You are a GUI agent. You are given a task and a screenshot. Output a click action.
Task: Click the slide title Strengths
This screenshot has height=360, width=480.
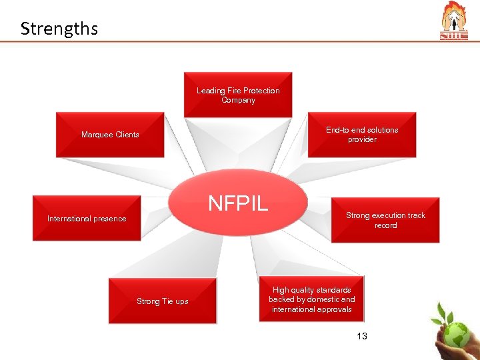(59, 29)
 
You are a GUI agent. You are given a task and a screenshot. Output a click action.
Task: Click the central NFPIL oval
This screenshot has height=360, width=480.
(238, 203)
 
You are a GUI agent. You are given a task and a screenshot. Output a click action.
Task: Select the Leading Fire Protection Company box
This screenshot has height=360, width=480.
(238, 95)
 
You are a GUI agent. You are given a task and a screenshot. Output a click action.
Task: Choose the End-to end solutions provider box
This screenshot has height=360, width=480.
(362, 135)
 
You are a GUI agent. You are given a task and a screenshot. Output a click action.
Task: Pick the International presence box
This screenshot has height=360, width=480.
(87, 218)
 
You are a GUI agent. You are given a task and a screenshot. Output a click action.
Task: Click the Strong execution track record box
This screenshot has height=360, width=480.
(385, 220)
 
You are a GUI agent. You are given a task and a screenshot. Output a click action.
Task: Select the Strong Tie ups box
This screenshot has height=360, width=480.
(163, 301)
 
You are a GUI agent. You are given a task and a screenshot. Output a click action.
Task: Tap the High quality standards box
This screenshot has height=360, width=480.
(311, 299)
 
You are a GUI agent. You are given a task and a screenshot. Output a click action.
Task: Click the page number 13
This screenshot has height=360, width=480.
(362, 336)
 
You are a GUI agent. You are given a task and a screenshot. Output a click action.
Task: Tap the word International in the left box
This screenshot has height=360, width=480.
(69, 219)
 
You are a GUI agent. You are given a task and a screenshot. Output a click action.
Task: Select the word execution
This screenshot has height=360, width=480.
(389, 215)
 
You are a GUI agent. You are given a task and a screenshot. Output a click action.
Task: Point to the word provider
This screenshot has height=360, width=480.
(362, 139)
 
